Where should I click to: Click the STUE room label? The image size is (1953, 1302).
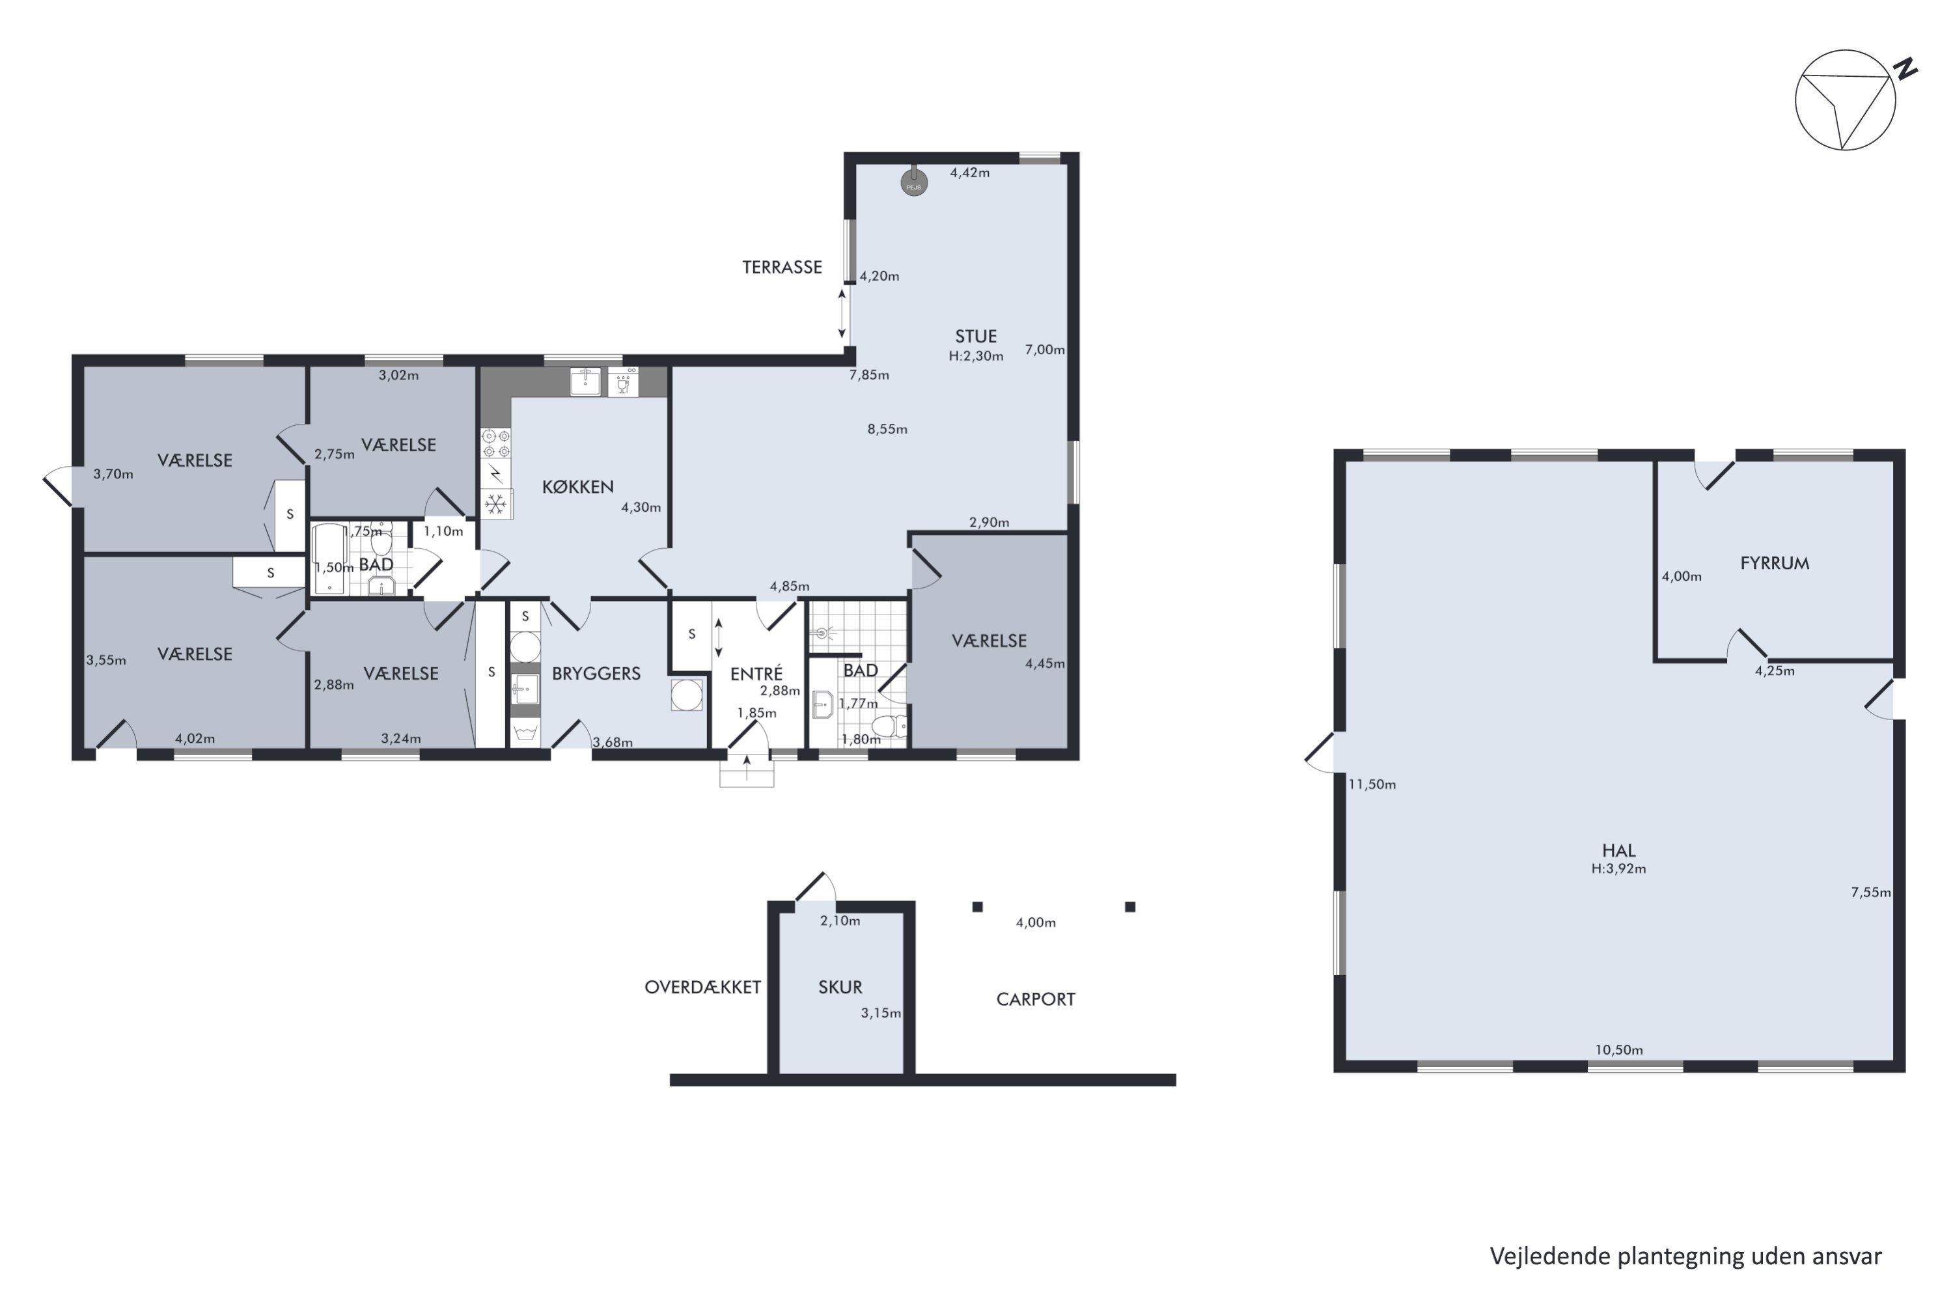[976, 337]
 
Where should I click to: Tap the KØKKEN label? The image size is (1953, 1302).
[578, 486]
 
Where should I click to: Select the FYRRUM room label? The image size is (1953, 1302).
[1775, 563]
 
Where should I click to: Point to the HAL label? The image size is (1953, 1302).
[1618, 850]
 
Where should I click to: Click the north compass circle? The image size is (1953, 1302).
[1845, 100]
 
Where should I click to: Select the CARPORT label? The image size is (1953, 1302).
[1036, 999]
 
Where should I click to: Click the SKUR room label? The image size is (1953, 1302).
[840, 988]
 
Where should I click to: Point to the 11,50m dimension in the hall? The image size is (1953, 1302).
[1372, 784]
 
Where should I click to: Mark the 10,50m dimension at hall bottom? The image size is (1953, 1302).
[1618, 1049]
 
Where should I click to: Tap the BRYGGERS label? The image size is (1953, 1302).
[596, 673]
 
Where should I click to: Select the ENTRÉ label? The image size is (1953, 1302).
[756, 673]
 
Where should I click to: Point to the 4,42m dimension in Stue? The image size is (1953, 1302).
[970, 173]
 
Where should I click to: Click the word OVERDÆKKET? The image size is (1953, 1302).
[702, 988]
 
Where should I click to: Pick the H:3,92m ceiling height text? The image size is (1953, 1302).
[1618, 869]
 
